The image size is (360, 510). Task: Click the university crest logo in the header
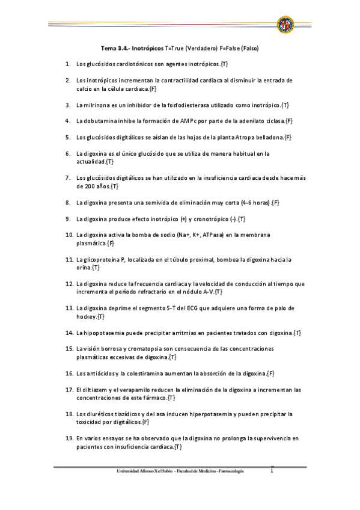[x=285, y=25]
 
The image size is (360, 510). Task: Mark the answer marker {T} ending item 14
[x=297, y=332]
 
